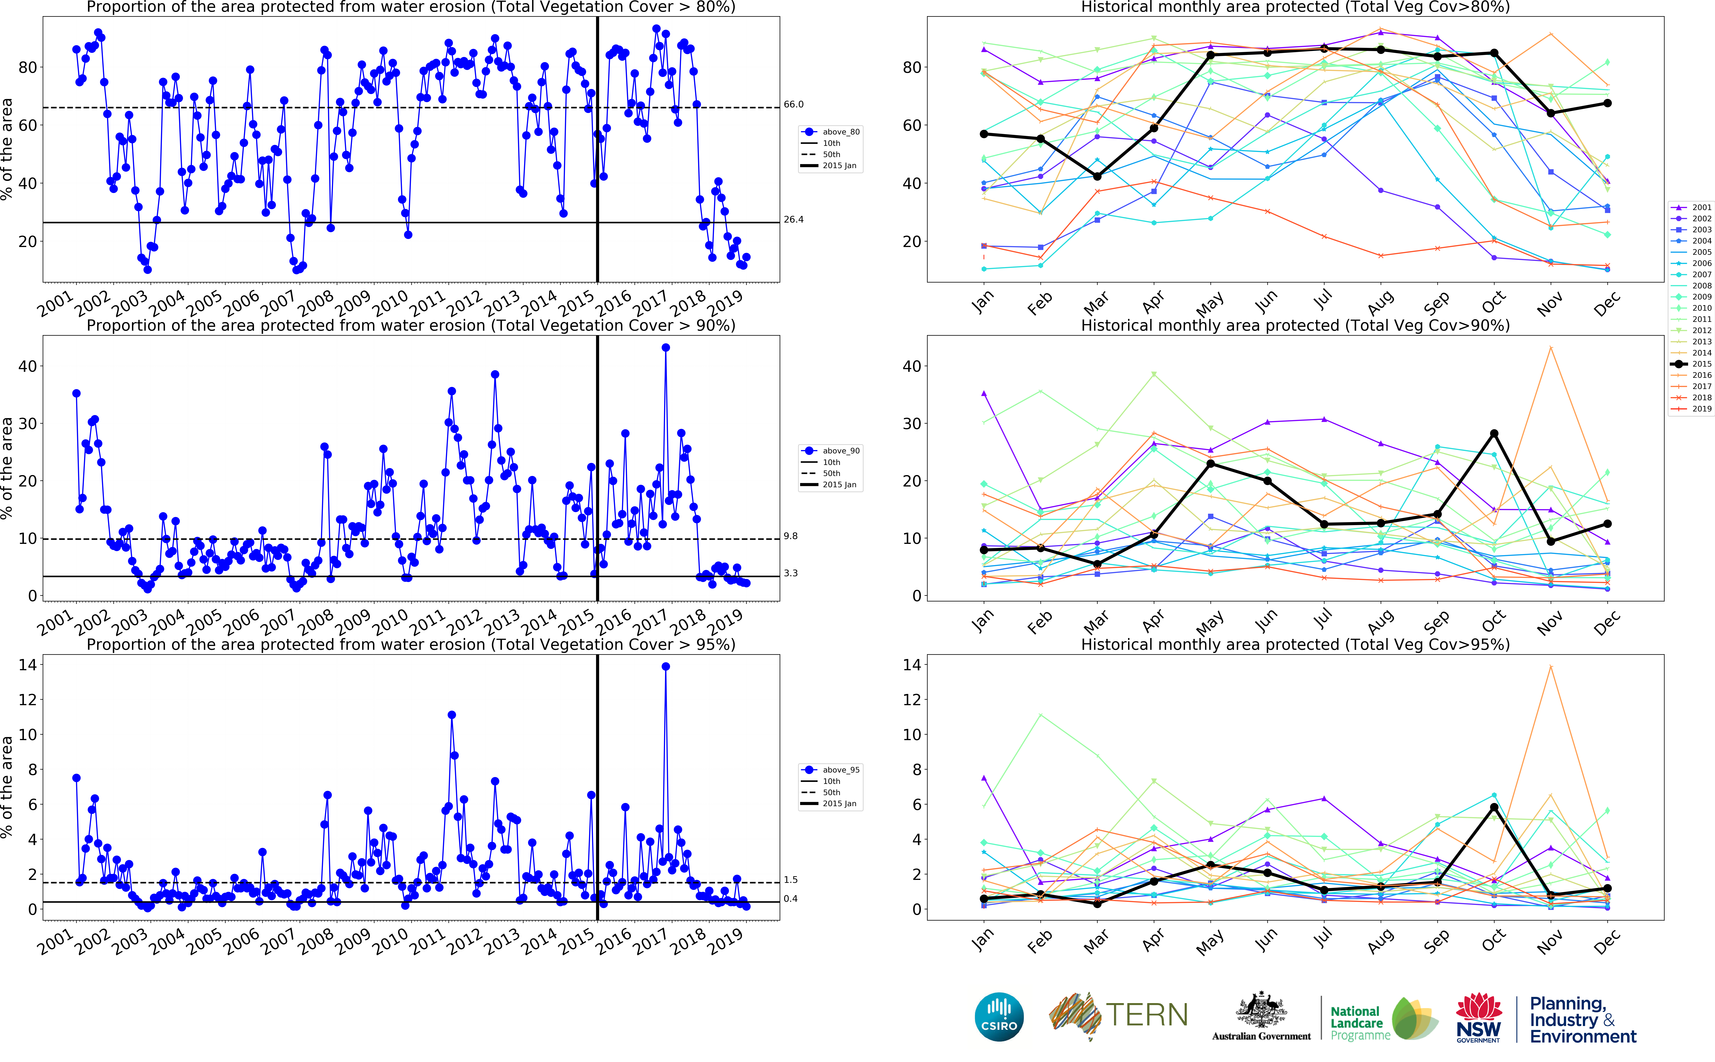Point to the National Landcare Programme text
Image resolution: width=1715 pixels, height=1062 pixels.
click(1356, 1023)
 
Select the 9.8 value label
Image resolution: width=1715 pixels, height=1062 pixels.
click(790, 536)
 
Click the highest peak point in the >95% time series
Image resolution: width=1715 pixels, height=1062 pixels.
click(665, 667)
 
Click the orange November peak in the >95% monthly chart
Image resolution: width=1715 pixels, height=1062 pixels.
click(1551, 667)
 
